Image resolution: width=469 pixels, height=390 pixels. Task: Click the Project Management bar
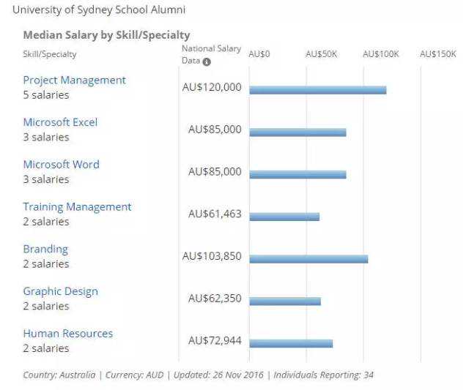click(317, 90)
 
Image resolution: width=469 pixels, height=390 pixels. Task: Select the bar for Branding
click(308, 259)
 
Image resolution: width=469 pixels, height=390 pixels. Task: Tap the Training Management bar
click(284, 217)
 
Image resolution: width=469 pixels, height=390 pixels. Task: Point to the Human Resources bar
click(291, 343)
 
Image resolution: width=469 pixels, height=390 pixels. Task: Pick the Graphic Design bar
click(285, 301)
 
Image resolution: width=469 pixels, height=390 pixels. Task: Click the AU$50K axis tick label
click(321, 54)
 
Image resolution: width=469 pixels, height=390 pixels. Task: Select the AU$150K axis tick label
click(437, 54)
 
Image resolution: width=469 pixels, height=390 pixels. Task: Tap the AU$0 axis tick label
click(259, 54)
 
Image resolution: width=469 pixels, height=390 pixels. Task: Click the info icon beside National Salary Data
click(207, 61)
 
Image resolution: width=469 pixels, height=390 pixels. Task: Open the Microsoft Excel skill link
click(60, 122)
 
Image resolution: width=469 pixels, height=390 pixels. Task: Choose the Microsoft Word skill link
click(61, 165)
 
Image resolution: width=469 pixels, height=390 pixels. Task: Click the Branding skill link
click(45, 249)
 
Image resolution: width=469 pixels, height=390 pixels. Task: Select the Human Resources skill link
click(68, 334)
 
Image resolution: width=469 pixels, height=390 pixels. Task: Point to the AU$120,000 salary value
click(212, 87)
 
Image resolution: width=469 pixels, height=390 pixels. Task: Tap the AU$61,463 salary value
click(215, 214)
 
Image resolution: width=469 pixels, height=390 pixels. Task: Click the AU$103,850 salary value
click(212, 257)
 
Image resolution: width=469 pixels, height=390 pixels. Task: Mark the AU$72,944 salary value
click(215, 341)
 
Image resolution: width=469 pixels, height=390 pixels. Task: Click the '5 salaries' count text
click(46, 94)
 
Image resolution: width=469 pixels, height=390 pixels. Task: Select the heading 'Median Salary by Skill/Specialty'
click(106, 35)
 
